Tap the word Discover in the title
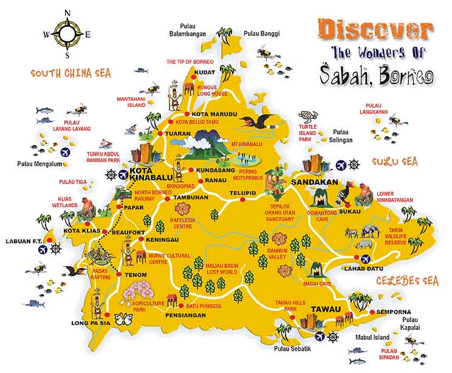point(375,29)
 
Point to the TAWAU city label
point(326,309)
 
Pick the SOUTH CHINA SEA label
point(72,74)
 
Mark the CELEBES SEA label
point(406,281)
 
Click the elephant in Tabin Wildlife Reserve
point(370,231)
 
